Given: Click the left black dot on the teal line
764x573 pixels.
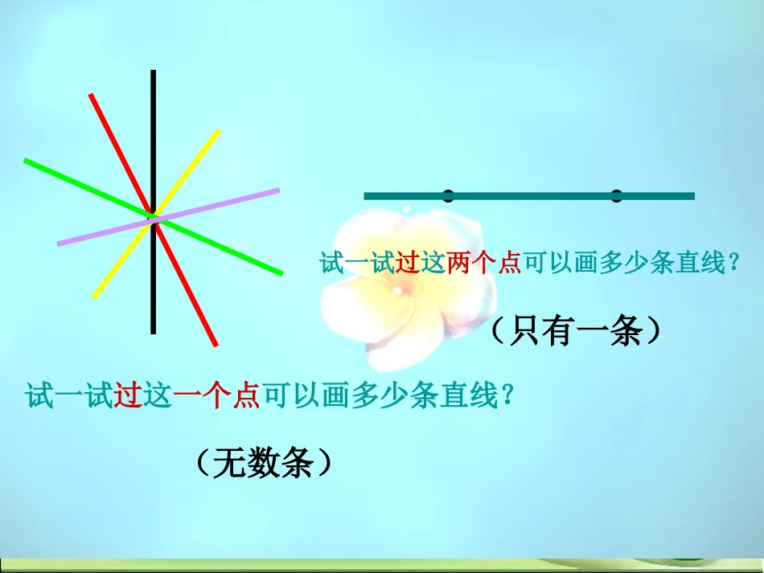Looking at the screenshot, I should (x=448, y=195).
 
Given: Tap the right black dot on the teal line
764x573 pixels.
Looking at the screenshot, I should (x=617, y=195).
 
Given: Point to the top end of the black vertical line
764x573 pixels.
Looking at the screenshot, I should (x=153, y=72).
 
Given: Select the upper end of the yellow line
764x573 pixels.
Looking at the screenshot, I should (x=218, y=131).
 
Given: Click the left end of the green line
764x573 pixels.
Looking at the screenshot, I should (x=26, y=161).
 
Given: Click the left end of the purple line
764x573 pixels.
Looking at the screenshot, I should (x=59, y=243).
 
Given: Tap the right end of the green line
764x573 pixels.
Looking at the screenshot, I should (x=281, y=273).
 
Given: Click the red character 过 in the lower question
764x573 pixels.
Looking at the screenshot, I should (x=129, y=396).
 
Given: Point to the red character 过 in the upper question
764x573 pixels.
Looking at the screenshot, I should (x=408, y=263).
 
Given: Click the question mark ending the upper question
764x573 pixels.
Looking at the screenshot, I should (x=732, y=263).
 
